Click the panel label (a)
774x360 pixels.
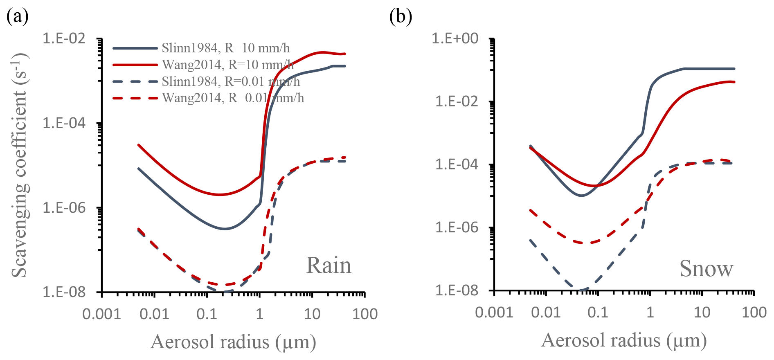18,17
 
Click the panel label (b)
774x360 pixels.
400,17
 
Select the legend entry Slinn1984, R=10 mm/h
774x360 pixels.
225,48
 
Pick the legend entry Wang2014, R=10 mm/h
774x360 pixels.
227,65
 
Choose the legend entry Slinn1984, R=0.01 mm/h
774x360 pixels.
231,81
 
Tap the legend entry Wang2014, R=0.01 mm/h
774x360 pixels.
233,98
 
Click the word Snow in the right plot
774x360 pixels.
706,269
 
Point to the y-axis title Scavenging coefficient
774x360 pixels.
19,165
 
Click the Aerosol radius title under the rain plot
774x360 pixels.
233,342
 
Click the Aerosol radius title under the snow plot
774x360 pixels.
624,340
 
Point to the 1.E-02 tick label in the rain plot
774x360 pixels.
64,38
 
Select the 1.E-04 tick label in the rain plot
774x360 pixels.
64,123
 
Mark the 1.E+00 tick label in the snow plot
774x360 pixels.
455,38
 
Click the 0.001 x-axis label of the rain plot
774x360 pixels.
101,314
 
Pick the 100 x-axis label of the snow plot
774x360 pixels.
754,313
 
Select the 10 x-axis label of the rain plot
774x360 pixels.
312,314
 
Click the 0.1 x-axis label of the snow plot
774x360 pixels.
598,313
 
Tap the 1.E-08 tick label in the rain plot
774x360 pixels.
64,292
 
